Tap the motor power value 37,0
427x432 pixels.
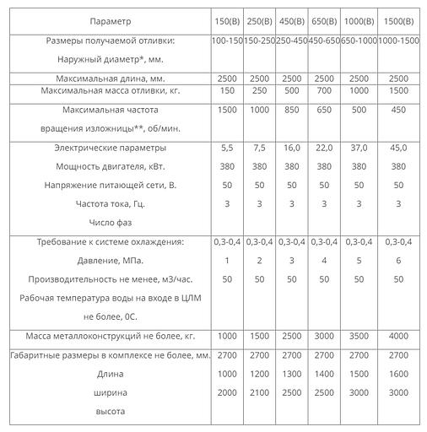pos(359,148)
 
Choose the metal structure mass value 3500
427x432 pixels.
pos(359,336)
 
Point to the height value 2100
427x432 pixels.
pos(258,392)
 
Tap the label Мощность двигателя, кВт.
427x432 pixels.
pos(110,166)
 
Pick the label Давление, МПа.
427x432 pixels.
pos(110,261)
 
